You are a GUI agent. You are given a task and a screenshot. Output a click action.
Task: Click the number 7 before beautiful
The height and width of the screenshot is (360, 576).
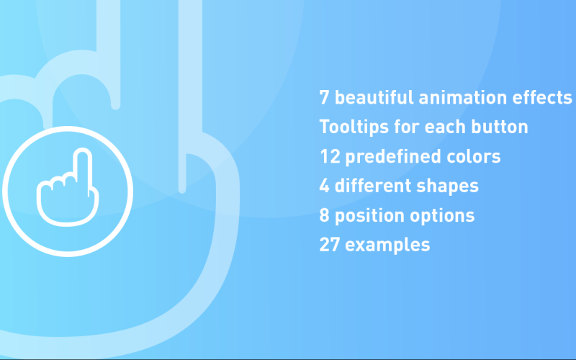pyautogui.click(x=324, y=98)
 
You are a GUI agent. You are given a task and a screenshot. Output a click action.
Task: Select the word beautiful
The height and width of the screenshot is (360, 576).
pyautogui.click(x=374, y=97)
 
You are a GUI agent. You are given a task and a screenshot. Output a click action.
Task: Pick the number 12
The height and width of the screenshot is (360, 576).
pyautogui.click(x=330, y=156)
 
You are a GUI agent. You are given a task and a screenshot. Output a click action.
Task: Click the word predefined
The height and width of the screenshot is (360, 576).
pyautogui.click(x=393, y=157)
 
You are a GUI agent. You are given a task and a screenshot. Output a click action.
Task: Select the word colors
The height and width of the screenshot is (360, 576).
pyautogui.click(x=474, y=156)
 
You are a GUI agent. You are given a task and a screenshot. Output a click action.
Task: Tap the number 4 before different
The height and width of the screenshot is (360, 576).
pyautogui.click(x=325, y=186)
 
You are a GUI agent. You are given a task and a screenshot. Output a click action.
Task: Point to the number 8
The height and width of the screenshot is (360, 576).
pyautogui.click(x=325, y=215)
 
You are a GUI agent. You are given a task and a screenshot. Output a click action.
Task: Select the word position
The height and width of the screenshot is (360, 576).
pyautogui.click(x=370, y=216)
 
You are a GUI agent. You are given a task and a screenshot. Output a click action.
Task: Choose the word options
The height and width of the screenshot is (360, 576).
pyautogui.click(x=442, y=216)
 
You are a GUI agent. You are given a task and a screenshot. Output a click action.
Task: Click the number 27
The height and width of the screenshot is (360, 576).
pyautogui.click(x=330, y=245)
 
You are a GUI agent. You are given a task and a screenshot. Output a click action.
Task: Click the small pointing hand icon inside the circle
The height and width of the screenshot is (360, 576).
pyautogui.click(x=68, y=187)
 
